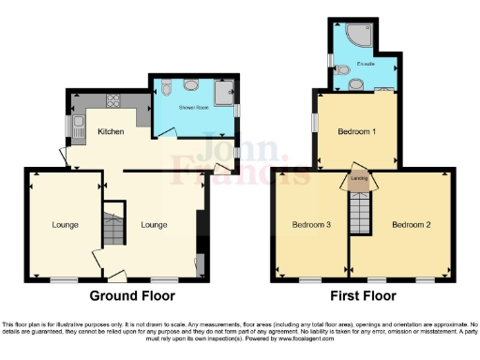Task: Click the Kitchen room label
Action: pyautogui.click(x=112, y=132)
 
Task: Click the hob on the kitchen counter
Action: pyautogui.click(x=113, y=101)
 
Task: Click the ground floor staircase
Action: pyautogui.click(x=112, y=230)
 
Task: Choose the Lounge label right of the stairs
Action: pyautogui.click(x=154, y=225)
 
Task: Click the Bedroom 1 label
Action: pyautogui.click(x=356, y=130)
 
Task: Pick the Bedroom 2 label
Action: pyautogui.click(x=411, y=225)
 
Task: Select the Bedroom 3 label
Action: pyautogui.click(x=310, y=225)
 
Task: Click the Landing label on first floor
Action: pyautogui.click(x=358, y=177)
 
